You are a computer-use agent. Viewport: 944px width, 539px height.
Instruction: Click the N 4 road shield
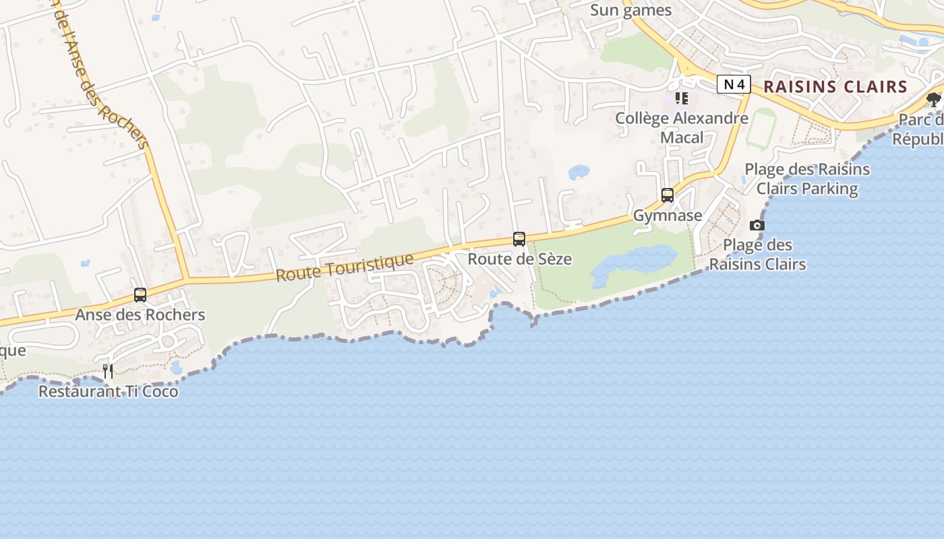tap(734, 84)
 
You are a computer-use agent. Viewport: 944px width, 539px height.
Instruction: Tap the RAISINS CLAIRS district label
tap(835, 87)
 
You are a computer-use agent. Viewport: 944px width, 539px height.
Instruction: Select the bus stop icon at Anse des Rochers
tap(140, 295)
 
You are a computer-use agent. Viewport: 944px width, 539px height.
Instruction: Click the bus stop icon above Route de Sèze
tap(519, 239)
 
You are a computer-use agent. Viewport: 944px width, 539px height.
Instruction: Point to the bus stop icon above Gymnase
tap(668, 195)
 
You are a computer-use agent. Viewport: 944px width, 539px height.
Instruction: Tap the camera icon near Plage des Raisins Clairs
tap(757, 225)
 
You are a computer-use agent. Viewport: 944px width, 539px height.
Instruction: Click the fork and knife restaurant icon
tap(108, 371)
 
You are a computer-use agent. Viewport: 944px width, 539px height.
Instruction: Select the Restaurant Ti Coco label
tap(109, 391)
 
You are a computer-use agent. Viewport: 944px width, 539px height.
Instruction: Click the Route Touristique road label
tap(345, 267)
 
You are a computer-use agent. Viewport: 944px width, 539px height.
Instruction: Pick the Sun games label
tap(631, 10)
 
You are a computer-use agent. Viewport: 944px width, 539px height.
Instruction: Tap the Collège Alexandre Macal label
tap(682, 128)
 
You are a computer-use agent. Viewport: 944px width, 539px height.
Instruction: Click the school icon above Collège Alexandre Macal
tap(682, 98)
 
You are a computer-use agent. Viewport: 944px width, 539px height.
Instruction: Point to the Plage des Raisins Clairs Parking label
tap(807, 179)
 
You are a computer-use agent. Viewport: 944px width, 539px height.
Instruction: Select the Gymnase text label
tap(668, 216)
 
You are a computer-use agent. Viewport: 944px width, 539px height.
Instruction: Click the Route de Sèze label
tap(520, 259)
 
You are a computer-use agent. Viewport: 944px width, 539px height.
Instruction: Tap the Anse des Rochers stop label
tap(140, 315)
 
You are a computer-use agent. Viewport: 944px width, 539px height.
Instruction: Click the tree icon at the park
tap(934, 100)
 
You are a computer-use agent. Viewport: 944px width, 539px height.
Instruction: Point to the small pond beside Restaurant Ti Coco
tap(176, 367)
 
